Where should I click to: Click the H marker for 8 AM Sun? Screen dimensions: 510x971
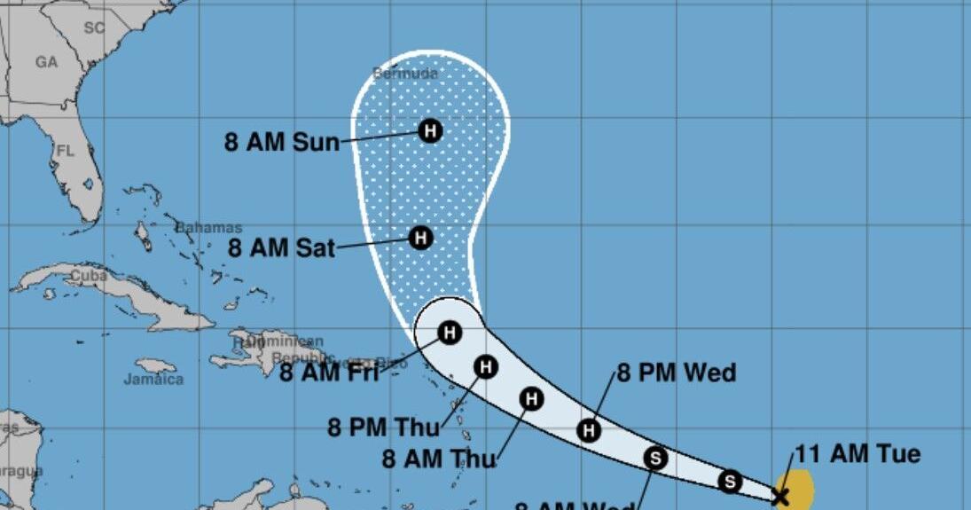pyautogui.click(x=430, y=131)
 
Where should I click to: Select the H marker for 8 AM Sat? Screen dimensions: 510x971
pyautogui.click(x=420, y=238)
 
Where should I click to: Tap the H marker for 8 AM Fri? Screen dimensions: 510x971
pyautogui.click(x=450, y=333)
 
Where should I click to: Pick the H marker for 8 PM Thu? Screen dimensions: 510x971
pyautogui.click(x=485, y=365)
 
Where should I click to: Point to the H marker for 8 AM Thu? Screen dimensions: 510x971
pyautogui.click(x=531, y=399)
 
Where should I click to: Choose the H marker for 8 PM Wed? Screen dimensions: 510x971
pyautogui.click(x=589, y=431)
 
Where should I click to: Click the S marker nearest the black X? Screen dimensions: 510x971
pyautogui.click(x=730, y=481)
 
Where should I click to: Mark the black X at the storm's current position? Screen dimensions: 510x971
pyautogui.click(x=780, y=495)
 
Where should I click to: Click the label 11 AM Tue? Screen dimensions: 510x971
pyautogui.click(x=857, y=455)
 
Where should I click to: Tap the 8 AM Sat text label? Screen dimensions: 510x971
pyautogui.click(x=282, y=248)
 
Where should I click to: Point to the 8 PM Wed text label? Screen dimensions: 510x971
pyautogui.click(x=677, y=373)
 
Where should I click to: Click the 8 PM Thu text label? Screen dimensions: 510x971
pyautogui.click(x=384, y=428)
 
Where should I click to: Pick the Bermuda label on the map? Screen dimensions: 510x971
pyautogui.click(x=405, y=75)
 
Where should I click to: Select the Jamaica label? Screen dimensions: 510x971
pyautogui.click(x=154, y=380)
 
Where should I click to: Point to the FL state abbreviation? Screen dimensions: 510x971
pyautogui.click(x=65, y=152)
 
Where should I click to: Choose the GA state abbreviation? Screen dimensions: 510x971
pyautogui.click(x=46, y=62)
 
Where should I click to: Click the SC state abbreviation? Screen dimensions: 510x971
pyautogui.click(x=94, y=27)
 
